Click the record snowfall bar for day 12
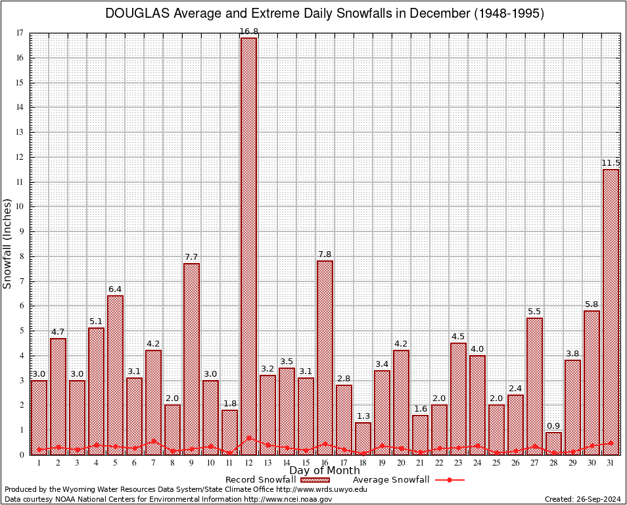(248, 243)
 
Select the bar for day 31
(611, 309)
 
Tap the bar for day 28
(553, 443)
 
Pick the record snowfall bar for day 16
(325, 355)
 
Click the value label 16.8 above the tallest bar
(248, 31)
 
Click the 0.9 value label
(553, 425)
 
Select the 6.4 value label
(115, 289)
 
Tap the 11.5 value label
(611, 163)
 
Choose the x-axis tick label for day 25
(496, 463)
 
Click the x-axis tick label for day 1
(39, 463)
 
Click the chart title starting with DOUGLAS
(325, 14)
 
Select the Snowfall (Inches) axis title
(8, 243)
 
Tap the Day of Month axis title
(325, 471)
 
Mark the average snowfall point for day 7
(153, 442)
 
